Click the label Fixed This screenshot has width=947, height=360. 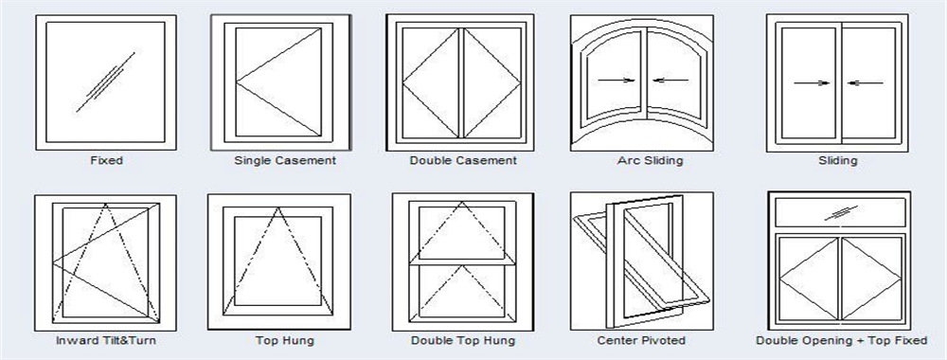[x=106, y=161]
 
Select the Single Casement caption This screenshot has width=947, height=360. [x=285, y=161]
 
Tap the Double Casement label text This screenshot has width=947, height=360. [x=463, y=161]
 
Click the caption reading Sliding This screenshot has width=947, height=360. [x=837, y=161]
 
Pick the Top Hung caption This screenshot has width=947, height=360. [x=285, y=340]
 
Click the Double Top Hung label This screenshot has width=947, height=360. [x=463, y=340]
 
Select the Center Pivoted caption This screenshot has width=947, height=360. [x=642, y=340]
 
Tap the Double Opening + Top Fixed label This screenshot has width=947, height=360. [x=841, y=340]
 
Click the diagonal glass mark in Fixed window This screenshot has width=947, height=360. [x=105, y=81]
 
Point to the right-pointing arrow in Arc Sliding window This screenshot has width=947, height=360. [x=616, y=81]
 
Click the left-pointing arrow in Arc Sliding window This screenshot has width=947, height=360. [x=670, y=81]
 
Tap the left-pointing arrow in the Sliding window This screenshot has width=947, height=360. [x=866, y=83]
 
